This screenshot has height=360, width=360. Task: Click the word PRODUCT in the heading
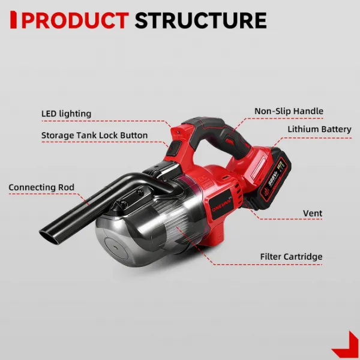76,20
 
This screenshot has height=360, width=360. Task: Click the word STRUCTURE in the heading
200,20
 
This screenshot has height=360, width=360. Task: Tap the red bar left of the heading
13,20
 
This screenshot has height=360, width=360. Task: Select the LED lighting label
67,113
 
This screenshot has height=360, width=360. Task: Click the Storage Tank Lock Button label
94,135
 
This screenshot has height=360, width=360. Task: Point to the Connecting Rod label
41,187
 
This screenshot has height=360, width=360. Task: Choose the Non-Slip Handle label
289,111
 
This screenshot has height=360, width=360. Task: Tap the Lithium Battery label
319,129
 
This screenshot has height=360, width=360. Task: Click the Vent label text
313,213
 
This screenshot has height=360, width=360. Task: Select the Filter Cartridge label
291,256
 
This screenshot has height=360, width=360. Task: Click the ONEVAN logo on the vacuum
221,205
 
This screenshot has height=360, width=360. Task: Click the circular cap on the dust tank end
115,248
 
